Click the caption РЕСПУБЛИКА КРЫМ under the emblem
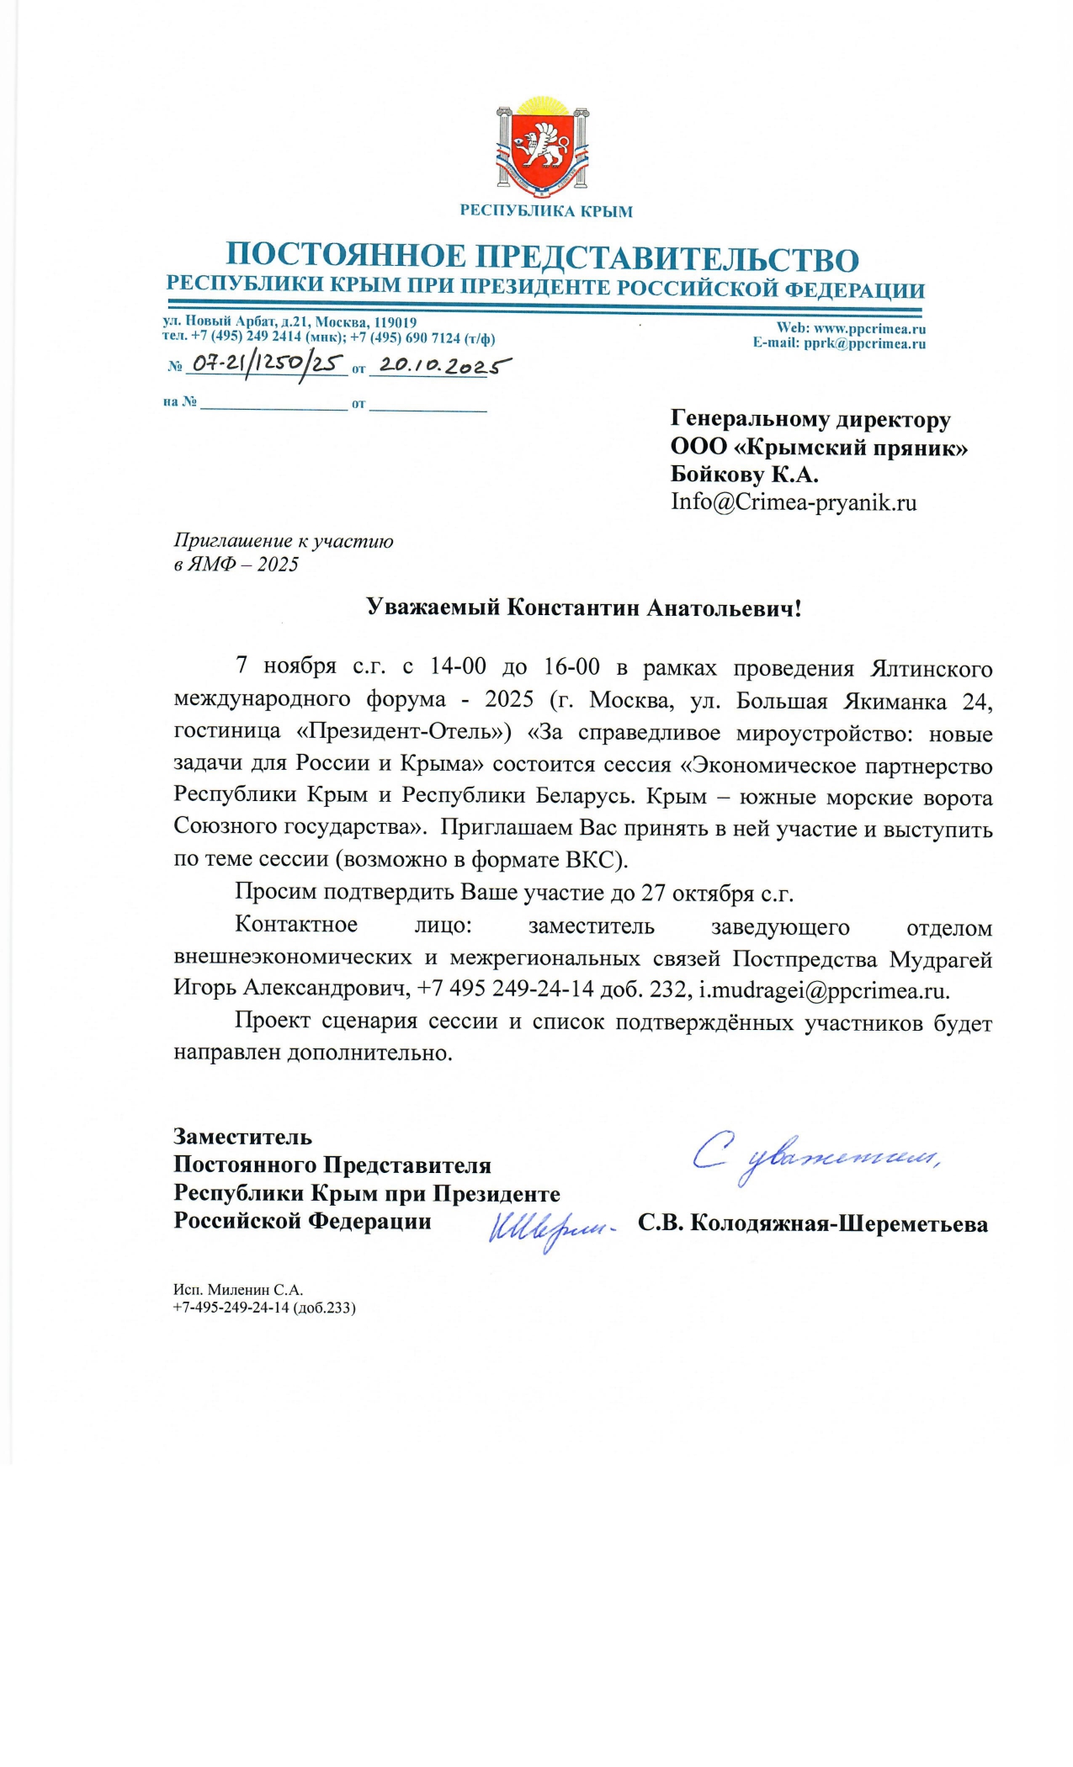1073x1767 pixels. pyautogui.click(x=545, y=211)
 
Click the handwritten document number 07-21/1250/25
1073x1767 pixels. pyautogui.click(x=267, y=363)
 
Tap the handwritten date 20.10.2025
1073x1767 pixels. pyautogui.click(x=443, y=365)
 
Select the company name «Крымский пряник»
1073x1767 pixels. pyautogui.click(x=850, y=448)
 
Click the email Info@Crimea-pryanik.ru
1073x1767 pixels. pyautogui.click(x=793, y=502)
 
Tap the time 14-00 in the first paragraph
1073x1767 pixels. pyautogui.click(x=458, y=666)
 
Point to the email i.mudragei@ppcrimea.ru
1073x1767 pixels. pyautogui.click(x=823, y=990)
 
